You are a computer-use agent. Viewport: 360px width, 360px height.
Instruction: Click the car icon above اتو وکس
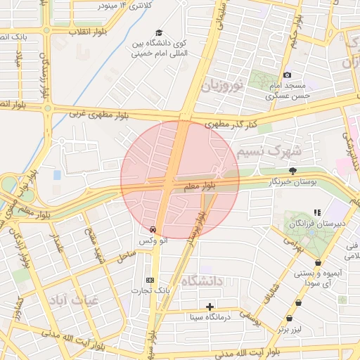point(153,229)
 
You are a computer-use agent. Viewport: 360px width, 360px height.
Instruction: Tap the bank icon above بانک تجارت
point(149,279)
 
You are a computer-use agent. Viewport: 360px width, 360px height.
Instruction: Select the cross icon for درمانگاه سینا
point(210,307)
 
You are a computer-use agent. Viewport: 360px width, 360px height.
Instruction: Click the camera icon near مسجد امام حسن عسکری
point(286,75)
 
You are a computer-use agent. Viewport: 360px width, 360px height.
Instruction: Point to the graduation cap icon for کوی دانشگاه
point(160,33)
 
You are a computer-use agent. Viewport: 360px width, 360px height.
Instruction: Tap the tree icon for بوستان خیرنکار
point(292,171)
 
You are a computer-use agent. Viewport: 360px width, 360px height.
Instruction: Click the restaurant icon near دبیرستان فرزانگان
point(317,212)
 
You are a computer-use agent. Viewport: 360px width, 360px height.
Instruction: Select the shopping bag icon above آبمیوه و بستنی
point(319,262)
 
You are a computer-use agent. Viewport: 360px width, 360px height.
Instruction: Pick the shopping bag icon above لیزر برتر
point(298,303)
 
